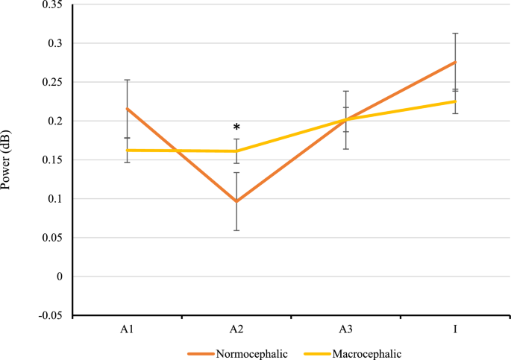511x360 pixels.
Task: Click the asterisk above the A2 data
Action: coord(236,128)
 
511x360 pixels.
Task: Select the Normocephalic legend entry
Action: coord(231,350)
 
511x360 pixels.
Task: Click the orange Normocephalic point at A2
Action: coord(236,201)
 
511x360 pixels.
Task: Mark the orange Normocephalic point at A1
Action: coord(127,109)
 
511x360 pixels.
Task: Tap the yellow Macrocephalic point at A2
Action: coord(236,151)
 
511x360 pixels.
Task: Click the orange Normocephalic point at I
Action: coord(456,62)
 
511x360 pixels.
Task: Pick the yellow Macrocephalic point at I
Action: coord(456,101)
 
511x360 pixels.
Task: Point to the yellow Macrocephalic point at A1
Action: coord(127,150)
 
